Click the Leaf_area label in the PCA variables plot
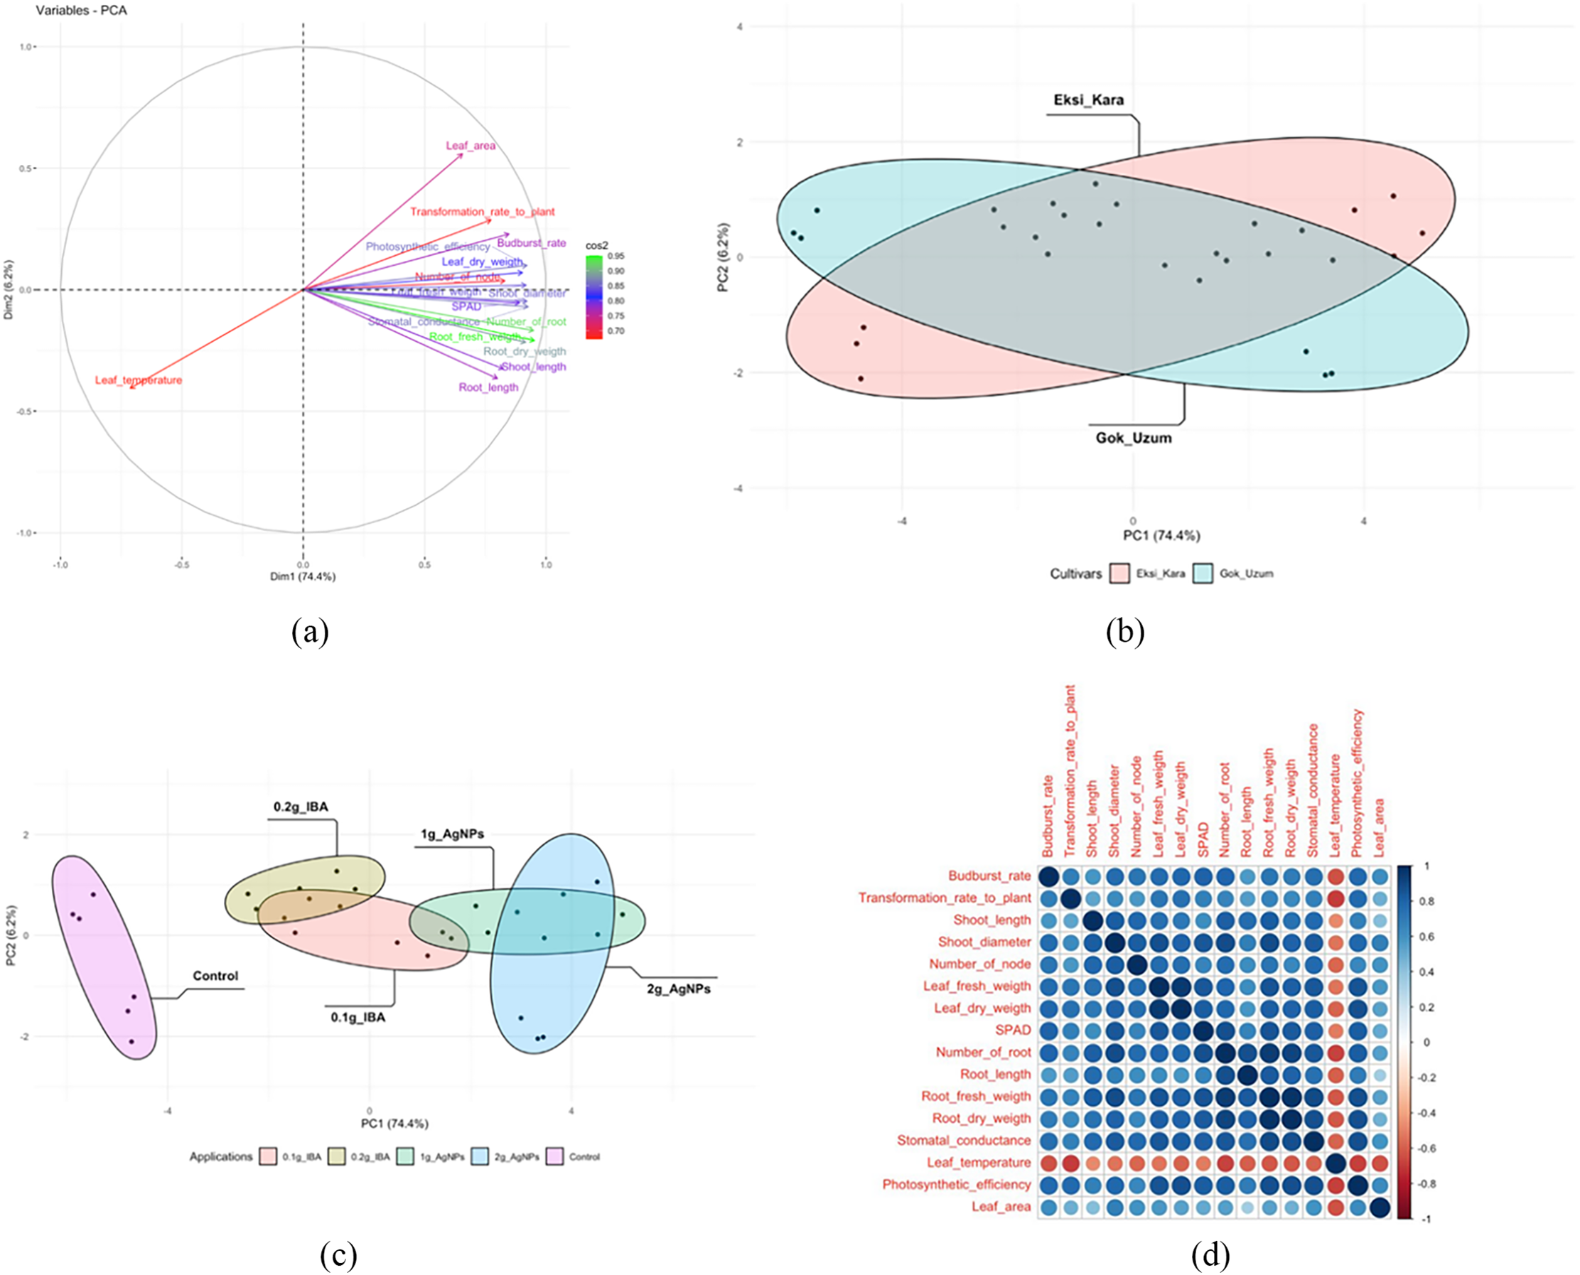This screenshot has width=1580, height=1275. click(x=470, y=146)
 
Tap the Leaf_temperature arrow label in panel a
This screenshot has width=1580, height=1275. click(x=138, y=380)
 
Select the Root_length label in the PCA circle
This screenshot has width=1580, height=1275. click(x=488, y=387)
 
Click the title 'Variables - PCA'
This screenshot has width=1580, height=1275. click(x=81, y=10)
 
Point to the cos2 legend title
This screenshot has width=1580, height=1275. click(x=596, y=245)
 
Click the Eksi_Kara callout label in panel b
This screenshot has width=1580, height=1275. click(x=1088, y=100)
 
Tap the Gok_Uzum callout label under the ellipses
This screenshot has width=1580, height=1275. click(x=1134, y=438)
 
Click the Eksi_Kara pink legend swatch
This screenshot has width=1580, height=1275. click(x=1119, y=574)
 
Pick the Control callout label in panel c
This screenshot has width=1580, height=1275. click(x=215, y=975)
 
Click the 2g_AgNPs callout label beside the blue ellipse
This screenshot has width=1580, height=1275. click(x=678, y=989)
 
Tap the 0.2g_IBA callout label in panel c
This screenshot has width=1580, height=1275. click(x=301, y=807)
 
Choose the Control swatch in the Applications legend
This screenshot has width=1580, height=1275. click(x=554, y=1157)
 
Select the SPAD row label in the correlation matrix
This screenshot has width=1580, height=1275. click(x=1012, y=1030)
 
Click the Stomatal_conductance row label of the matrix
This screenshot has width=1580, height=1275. click(x=963, y=1140)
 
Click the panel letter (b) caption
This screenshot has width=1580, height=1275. click(x=1124, y=632)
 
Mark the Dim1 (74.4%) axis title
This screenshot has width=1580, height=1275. click(x=303, y=576)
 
